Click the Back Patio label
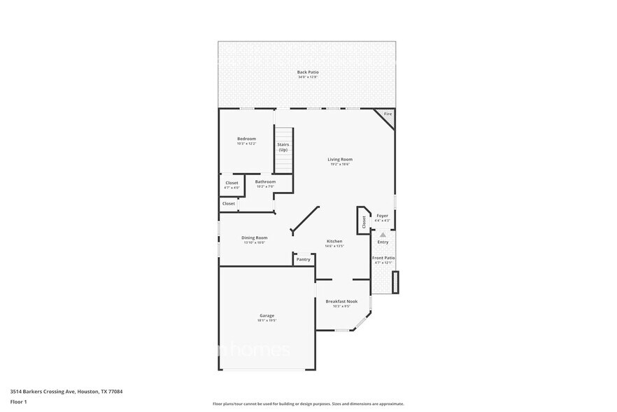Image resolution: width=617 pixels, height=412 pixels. (x=308, y=72)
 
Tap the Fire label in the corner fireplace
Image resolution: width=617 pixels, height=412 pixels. (x=388, y=114)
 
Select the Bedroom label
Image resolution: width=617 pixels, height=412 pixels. (x=246, y=139)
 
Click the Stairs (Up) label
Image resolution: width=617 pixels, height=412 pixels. (x=283, y=147)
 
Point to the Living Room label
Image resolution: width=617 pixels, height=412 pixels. (x=339, y=160)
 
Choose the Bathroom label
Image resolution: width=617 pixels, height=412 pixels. (x=265, y=182)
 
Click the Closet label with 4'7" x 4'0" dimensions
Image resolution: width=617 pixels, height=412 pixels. (x=232, y=183)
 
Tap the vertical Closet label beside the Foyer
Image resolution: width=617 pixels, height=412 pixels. (x=364, y=221)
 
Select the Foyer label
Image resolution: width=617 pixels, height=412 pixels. (x=382, y=216)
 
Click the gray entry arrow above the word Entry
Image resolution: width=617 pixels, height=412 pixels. (x=383, y=235)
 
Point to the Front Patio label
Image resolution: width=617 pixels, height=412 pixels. (x=383, y=258)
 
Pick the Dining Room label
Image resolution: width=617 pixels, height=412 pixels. (x=254, y=238)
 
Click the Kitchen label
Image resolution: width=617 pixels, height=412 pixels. (x=334, y=242)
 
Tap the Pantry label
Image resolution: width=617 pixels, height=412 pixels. (x=303, y=259)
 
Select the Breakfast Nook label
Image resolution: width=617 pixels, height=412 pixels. (x=341, y=301)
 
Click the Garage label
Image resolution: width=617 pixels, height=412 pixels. (x=267, y=315)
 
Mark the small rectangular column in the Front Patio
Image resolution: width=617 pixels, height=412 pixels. (x=396, y=282)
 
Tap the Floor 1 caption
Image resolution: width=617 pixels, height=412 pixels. (x=19, y=401)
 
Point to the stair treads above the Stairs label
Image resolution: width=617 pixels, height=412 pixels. (x=283, y=135)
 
